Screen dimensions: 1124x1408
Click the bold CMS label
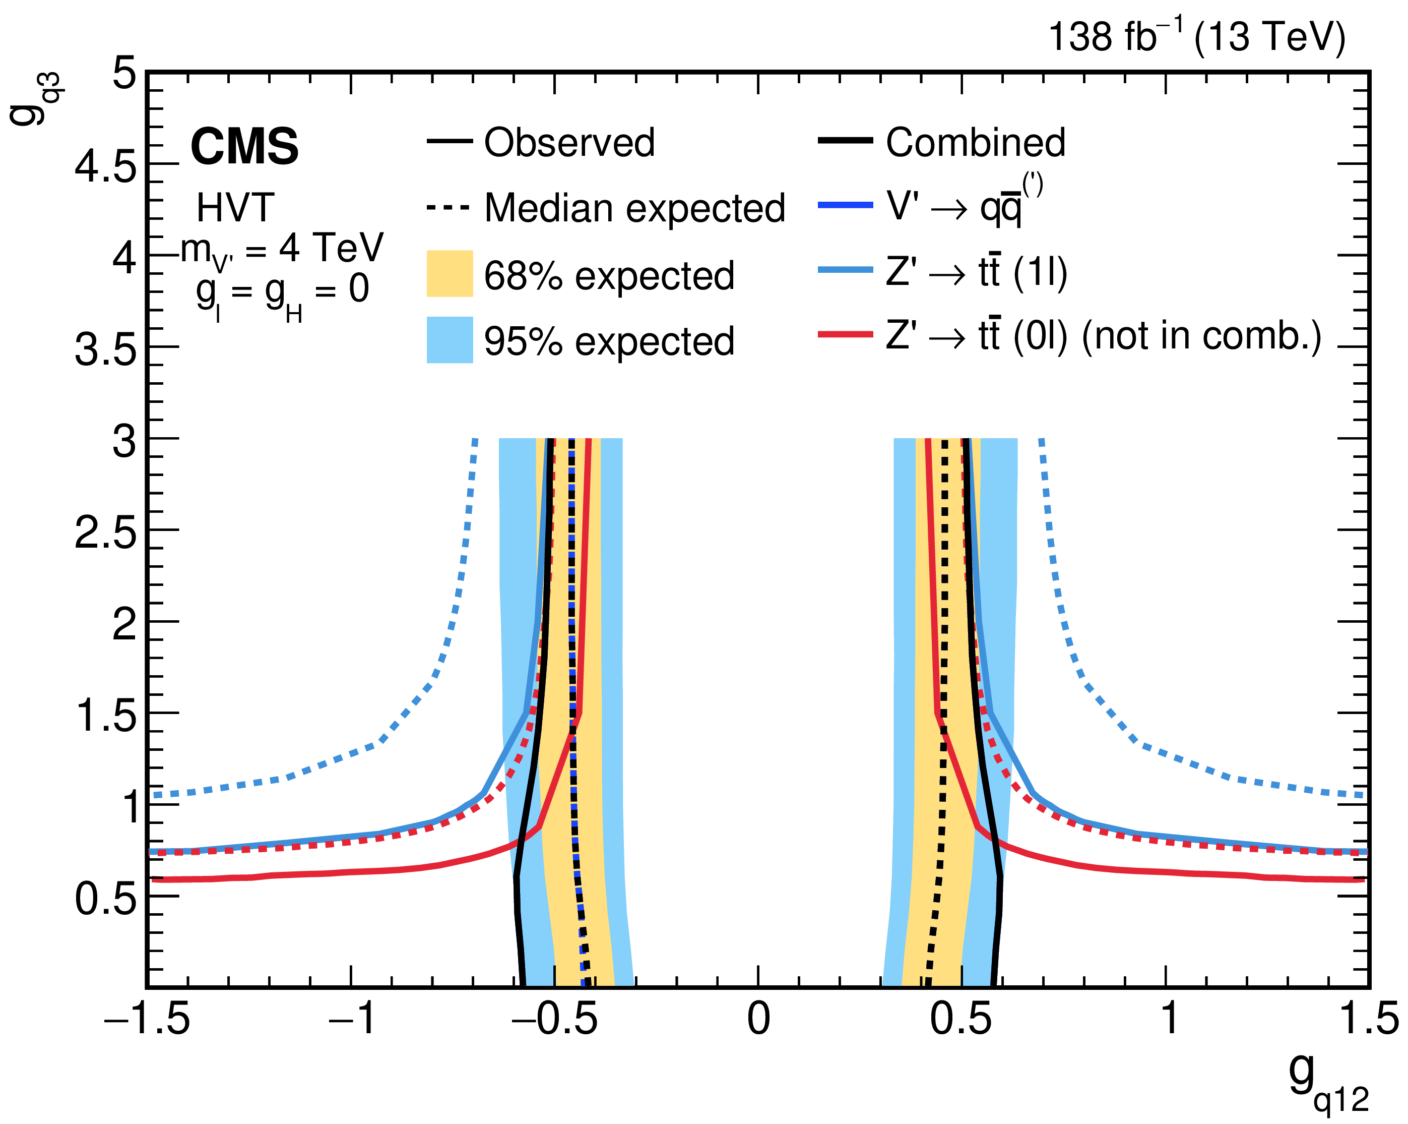(x=244, y=146)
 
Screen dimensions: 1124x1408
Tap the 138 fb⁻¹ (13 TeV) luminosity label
(x=1196, y=37)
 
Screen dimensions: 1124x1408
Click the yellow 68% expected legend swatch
(x=450, y=274)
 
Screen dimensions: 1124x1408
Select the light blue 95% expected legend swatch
(x=450, y=340)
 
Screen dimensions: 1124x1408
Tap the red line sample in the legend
(x=845, y=335)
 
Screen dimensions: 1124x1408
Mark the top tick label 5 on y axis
(x=124, y=73)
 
